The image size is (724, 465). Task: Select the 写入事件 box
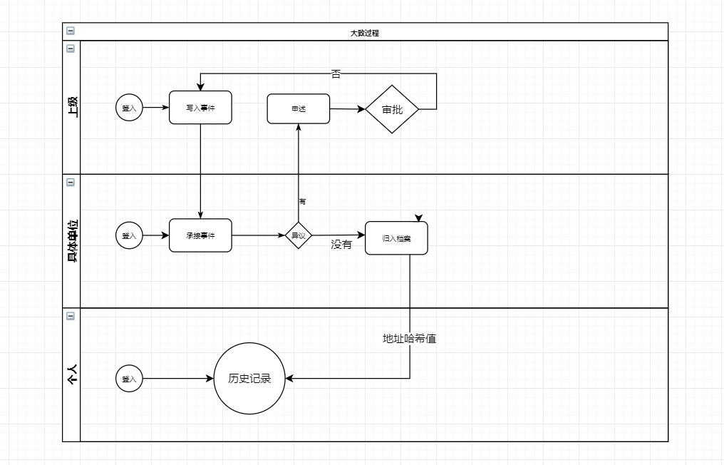click(x=200, y=108)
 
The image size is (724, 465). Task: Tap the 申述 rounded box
click(x=299, y=108)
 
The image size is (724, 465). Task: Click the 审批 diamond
click(x=392, y=109)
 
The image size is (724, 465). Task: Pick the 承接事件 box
click(x=200, y=235)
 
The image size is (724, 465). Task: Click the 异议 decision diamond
click(x=299, y=235)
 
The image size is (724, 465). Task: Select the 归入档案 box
click(x=396, y=238)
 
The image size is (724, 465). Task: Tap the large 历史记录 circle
click(x=249, y=379)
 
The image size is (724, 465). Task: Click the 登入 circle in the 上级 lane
click(x=129, y=108)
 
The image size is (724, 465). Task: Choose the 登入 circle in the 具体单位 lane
click(x=129, y=235)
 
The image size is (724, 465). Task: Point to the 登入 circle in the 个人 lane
click(x=129, y=379)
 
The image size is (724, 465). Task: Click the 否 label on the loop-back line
click(x=336, y=73)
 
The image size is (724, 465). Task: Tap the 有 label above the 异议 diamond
click(x=302, y=202)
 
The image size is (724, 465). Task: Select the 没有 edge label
click(x=341, y=245)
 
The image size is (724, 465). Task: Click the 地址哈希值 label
click(x=410, y=339)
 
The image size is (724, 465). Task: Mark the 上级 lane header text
click(x=72, y=106)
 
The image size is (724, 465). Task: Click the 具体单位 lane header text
click(x=72, y=240)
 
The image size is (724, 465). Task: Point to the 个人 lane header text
click(x=72, y=374)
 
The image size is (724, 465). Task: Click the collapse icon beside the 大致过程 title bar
click(x=70, y=31)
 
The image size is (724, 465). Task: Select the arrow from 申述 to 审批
click(x=348, y=109)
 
